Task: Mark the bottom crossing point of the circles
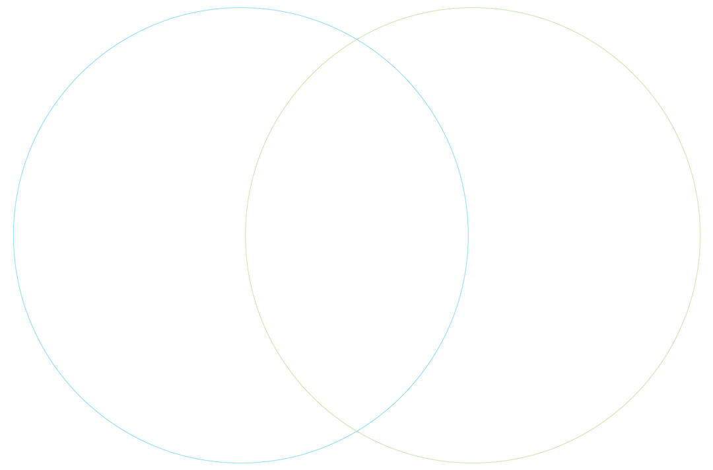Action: [357, 432]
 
